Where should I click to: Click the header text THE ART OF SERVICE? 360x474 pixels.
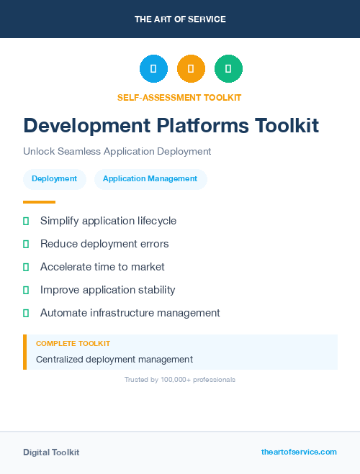point(180,19)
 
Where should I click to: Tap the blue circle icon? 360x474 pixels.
point(153,69)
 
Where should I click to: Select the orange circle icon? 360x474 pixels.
point(191,69)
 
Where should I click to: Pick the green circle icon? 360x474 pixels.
point(228,69)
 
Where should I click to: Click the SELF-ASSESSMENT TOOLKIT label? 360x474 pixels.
point(179,97)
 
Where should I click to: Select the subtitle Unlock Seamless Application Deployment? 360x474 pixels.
point(117,152)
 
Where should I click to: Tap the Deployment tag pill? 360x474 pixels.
point(54,179)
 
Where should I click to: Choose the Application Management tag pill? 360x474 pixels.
point(150,179)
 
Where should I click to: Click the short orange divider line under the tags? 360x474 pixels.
point(39,202)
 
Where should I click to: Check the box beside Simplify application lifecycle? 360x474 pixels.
point(26,221)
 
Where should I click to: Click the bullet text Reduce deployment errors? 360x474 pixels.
point(104,244)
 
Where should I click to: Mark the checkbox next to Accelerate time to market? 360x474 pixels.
point(26,267)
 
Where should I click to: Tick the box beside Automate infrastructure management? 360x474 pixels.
point(26,313)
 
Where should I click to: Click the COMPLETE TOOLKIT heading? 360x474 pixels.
point(73,344)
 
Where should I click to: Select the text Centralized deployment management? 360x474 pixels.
point(114,359)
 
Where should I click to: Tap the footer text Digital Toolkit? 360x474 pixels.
point(51,452)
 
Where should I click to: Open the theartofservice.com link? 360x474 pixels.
point(299,452)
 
